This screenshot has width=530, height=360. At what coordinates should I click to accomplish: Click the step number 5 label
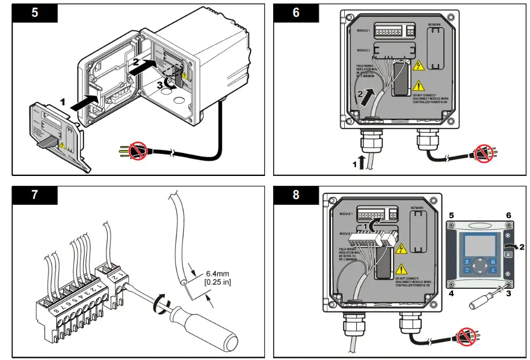[x=35, y=13]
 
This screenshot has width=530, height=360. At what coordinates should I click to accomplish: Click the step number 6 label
[x=296, y=13]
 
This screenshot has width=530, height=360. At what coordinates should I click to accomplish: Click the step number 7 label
[x=35, y=194]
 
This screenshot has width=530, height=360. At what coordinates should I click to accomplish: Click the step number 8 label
[x=296, y=194]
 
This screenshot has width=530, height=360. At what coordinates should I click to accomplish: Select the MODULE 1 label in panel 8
[x=347, y=214]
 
